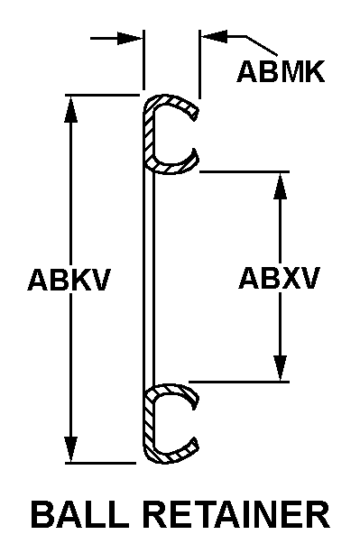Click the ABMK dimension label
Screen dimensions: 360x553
tap(281, 72)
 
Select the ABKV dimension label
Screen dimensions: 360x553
tap(69, 280)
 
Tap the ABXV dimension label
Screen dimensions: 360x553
tap(280, 278)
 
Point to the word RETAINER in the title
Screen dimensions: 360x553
tap(237, 514)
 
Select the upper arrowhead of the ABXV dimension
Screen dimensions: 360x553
tap(281, 186)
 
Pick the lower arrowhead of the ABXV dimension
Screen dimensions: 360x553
tap(281, 368)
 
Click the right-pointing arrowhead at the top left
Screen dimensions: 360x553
tap(130, 38)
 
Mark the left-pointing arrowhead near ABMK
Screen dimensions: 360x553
tap(214, 36)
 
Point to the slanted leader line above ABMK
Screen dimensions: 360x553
tap(262, 46)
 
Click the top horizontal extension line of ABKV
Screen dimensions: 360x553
tap(102, 95)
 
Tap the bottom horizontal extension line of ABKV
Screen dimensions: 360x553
tap(100, 463)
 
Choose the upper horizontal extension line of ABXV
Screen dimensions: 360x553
tap(245, 171)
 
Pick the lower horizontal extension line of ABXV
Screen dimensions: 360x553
tap(239, 382)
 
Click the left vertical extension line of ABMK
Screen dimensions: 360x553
tap(143, 60)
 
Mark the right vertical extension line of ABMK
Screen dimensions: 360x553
tap(199, 64)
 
